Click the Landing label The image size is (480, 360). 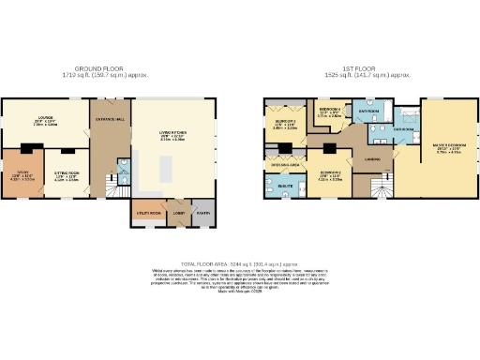372,160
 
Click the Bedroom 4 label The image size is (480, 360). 329,110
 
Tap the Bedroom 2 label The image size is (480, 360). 329,172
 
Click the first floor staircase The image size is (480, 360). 380,192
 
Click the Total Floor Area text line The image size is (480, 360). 240,263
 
